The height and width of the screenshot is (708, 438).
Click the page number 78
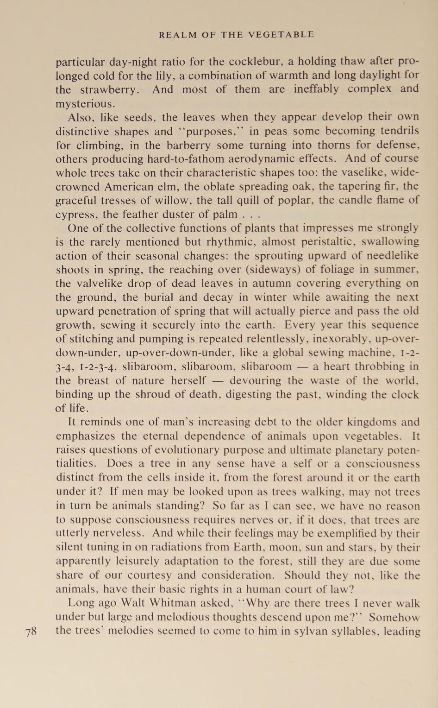click(31, 632)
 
